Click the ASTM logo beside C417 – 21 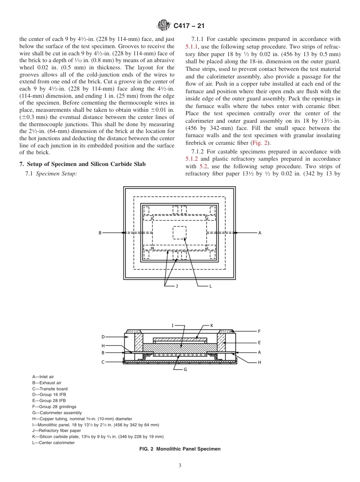point(164,26)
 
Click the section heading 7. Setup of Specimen point(82,164)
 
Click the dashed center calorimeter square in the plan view point(180,232)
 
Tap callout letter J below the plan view point(177,286)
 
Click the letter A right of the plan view point(260,233)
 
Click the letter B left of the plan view point(100,233)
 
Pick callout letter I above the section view point(172,325)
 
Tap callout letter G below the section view point(185,369)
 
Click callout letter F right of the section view point(260,331)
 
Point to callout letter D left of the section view point(103,336)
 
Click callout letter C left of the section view point(103,362)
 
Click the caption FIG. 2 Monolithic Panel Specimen point(180,449)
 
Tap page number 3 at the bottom point(180,466)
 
